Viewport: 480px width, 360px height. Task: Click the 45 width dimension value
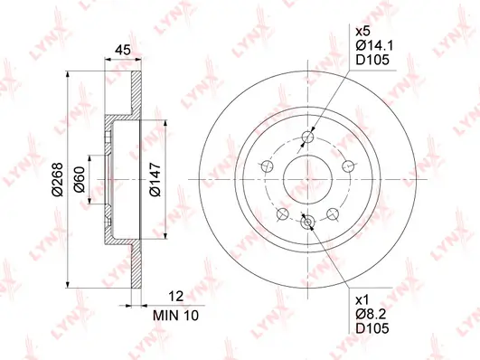click(122, 50)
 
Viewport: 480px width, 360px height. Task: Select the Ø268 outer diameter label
click(57, 179)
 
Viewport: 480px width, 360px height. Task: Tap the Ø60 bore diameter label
click(79, 179)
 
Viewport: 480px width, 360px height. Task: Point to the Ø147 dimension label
click(155, 179)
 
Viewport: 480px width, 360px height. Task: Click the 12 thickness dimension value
click(176, 297)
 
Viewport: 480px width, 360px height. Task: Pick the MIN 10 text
click(175, 316)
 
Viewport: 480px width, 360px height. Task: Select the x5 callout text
click(362, 32)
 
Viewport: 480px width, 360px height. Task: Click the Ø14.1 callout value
click(374, 45)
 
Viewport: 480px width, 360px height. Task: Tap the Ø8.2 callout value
click(371, 314)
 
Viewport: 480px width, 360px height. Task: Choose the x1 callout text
click(362, 299)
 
